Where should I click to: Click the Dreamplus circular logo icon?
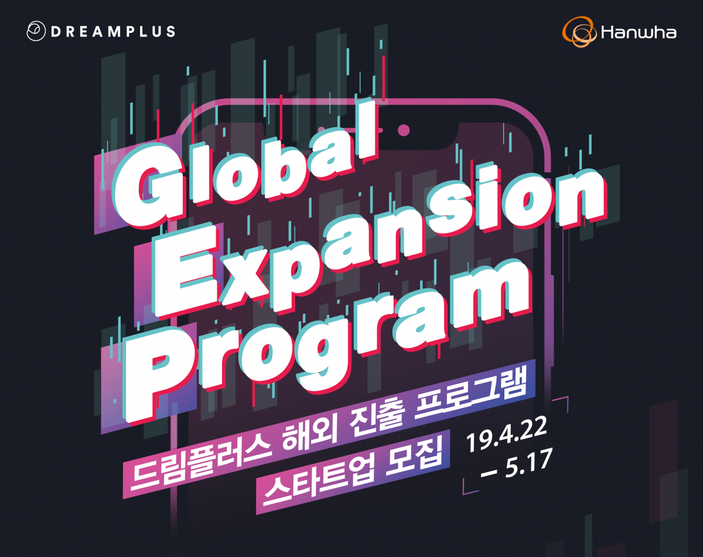36,31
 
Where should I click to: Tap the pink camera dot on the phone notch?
403,130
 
